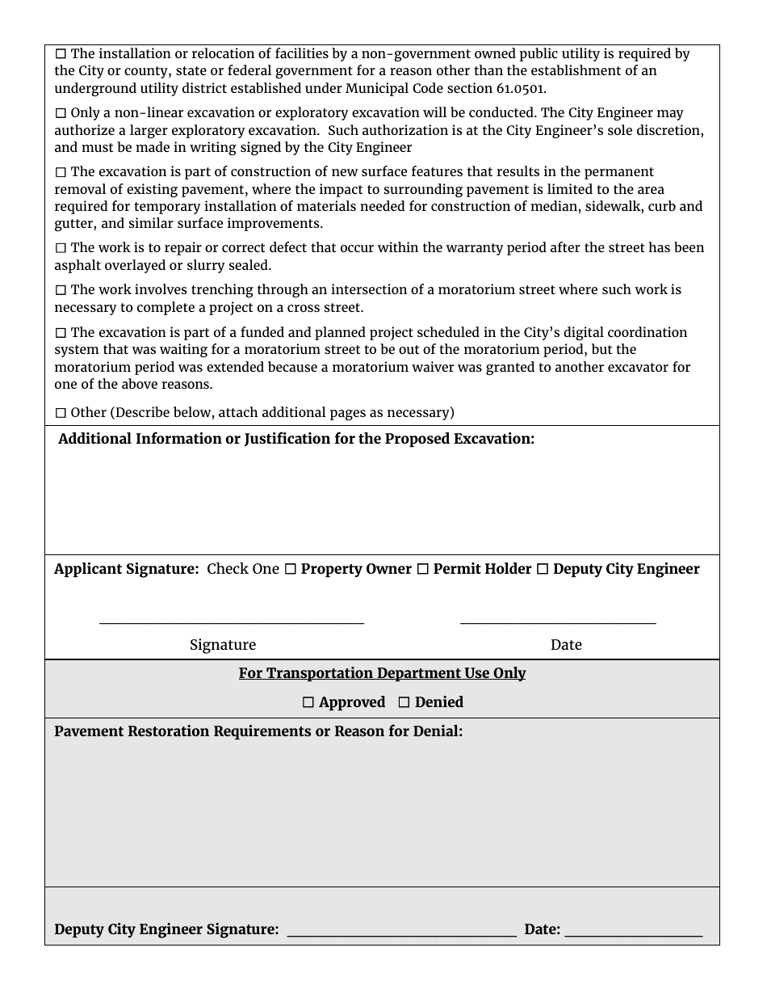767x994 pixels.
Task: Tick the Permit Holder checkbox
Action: click(x=423, y=570)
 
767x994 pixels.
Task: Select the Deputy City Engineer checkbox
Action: click(x=543, y=570)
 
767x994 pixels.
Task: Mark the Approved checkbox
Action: click(x=308, y=703)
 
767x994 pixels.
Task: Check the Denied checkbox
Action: click(x=404, y=703)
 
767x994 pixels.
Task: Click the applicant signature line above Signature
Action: click(x=231, y=621)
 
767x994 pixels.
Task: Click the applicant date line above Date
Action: click(x=558, y=621)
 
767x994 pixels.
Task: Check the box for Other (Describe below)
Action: click(x=61, y=413)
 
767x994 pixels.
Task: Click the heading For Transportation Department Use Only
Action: click(x=382, y=673)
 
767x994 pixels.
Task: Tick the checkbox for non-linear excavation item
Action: click(x=61, y=114)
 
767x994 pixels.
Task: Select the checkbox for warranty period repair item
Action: click(x=61, y=248)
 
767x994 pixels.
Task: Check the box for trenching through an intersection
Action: click(x=61, y=290)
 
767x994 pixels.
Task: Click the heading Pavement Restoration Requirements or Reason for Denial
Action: click(x=258, y=731)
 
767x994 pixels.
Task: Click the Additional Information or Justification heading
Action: click(x=296, y=439)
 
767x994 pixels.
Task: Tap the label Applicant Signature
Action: click(x=126, y=569)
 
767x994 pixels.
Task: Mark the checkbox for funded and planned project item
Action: click(x=61, y=333)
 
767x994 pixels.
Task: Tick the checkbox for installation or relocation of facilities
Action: click(x=61, y=54)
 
